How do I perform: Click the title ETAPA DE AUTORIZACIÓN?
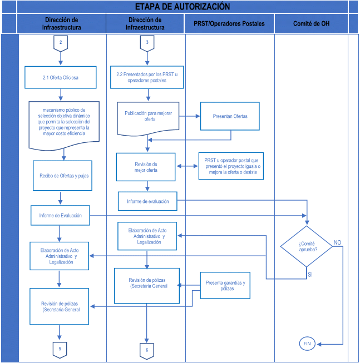pyautogui.click(x=183, y=7)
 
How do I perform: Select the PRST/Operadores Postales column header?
pyautogui.click(x=229, y=23)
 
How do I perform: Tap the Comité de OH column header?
pyautogui.click(x=311, y=23)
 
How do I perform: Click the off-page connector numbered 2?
pyautogui.click(x=61, y=43)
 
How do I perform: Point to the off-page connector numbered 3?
pyautogui.click(x=147, y=43)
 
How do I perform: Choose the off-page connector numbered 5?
pyautogui.click(x=60, y=350)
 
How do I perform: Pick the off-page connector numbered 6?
pyautogui.click(x=147, y=351)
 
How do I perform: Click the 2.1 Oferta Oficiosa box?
pyautogui.click(x=61, y=77)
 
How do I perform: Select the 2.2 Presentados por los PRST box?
pyautogui.click(x=147, y=77)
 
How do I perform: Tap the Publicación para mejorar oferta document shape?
pyautogui.click(x=148, y=118)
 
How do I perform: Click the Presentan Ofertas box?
pyautogui.click(x=230, y=116)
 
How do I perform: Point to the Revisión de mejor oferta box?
pyautogui.click(x=146, y=167)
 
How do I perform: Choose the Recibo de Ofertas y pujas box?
pyautogui.click(x=62, y=176)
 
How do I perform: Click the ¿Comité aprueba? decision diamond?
pyautogui.click(x=307, y=246)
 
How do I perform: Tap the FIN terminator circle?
pyautogui.click(x=307, y=344)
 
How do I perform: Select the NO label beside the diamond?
pyautogui.click(x=337, y=242)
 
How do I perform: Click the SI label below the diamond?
pyautogui.click(x=310, y=275)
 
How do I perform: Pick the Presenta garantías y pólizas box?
pyautogui.click(x=225, y=285)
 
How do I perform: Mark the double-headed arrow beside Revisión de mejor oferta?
pyautogui.click(x=187, y=166)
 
